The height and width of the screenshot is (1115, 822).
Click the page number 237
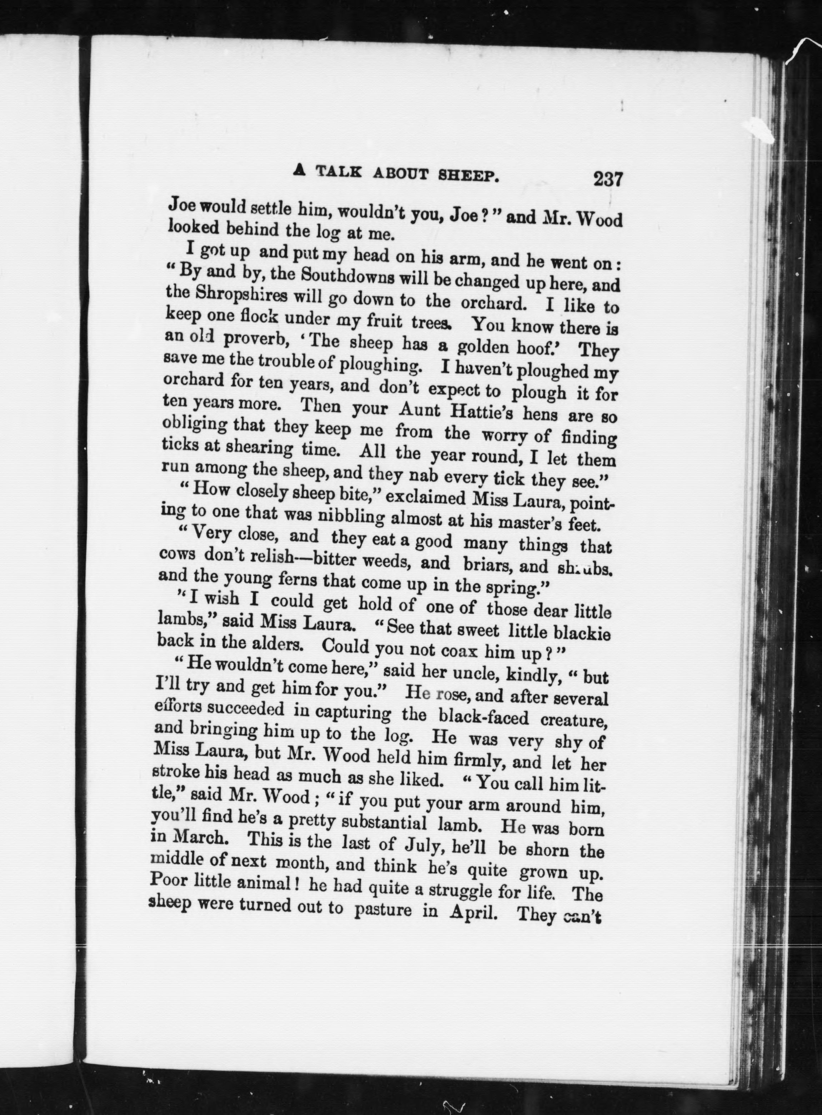(607, 178)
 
